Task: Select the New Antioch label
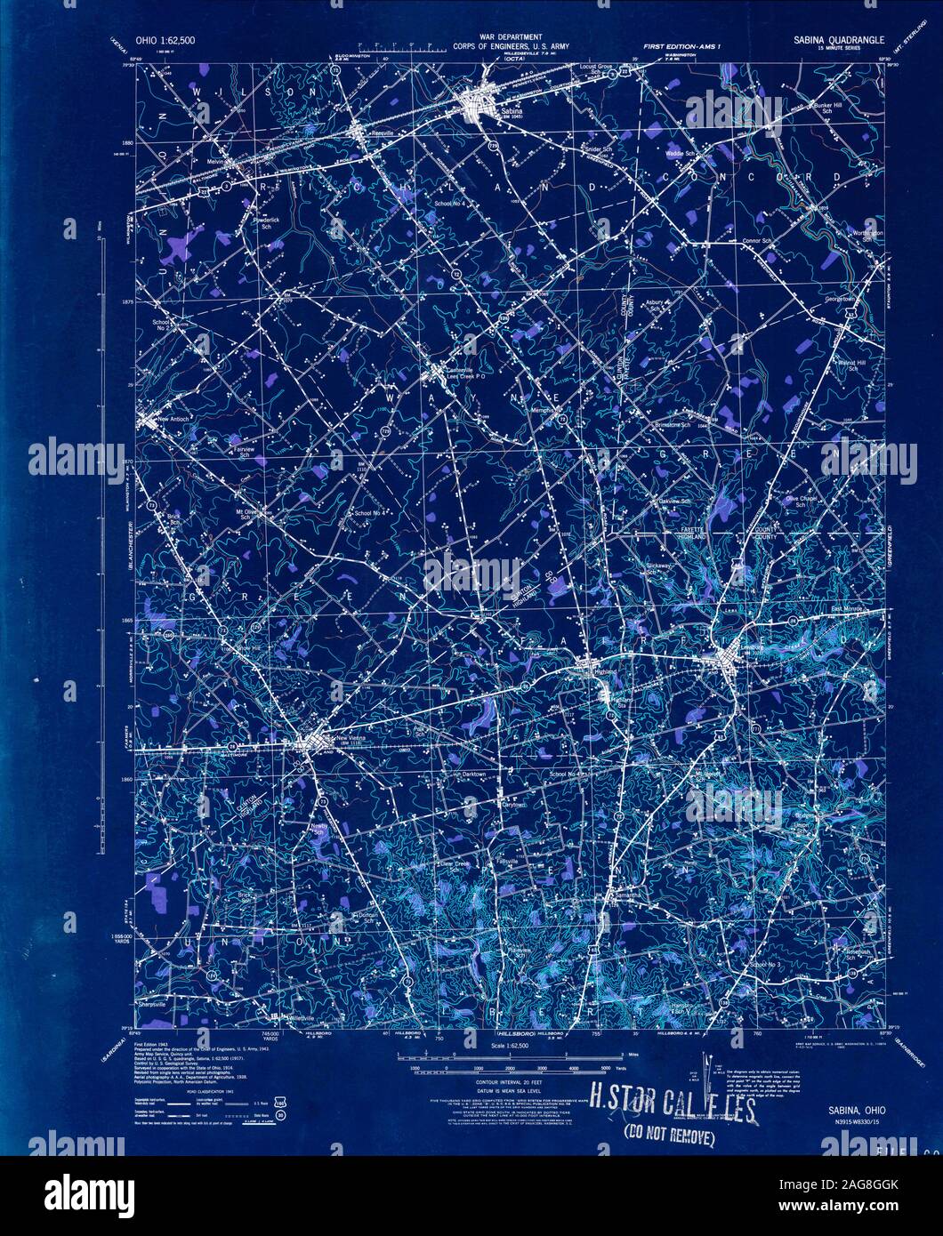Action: pyautogui.click(x=175, y=420)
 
